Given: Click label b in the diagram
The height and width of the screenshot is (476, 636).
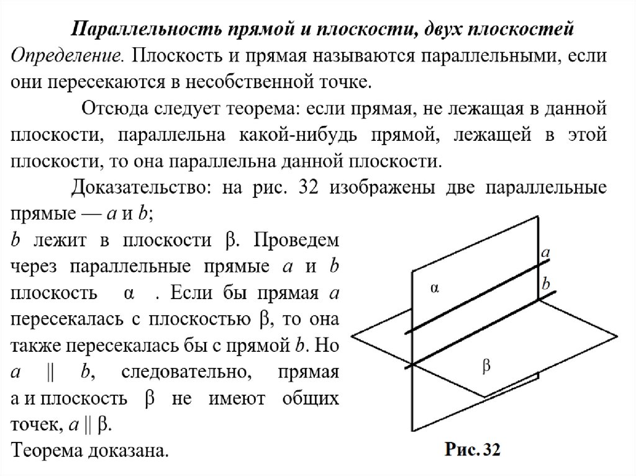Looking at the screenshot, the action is (x=546, y=283).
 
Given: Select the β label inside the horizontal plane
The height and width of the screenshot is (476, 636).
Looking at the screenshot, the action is (x=486, y=366).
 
